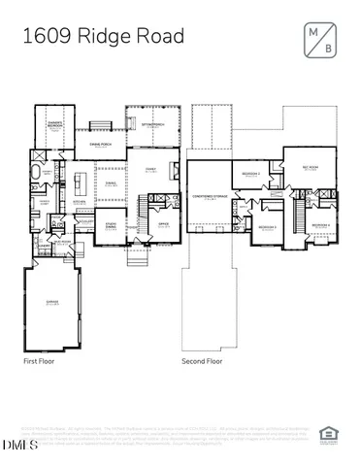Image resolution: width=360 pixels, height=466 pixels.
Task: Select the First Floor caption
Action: [42, 360]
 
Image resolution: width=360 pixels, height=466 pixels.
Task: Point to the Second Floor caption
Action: [202, 360]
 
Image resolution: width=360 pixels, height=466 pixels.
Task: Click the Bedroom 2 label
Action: [251, 173]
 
